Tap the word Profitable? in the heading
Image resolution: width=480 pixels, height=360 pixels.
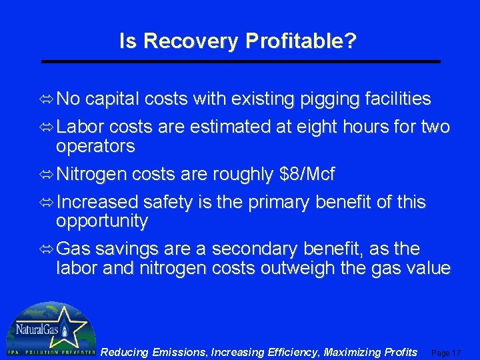(x=301, y=41)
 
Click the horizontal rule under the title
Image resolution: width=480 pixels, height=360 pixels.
(x=241, y=61)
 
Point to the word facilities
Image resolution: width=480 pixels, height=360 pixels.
(x=398, y=100)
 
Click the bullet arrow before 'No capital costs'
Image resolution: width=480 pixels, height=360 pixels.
(x=47, y=100)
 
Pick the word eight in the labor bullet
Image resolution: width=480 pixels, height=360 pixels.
(x=306, y=127)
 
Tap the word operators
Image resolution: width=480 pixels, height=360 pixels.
(x=95, y=146)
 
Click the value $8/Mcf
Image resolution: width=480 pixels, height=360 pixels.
(x=305, y=175)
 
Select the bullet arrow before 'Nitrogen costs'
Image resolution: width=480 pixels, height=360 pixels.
(x=47, y=175)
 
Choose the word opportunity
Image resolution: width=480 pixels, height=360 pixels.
(x=102, y=221)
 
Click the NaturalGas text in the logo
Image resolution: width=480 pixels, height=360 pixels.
(x=34, y=329)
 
